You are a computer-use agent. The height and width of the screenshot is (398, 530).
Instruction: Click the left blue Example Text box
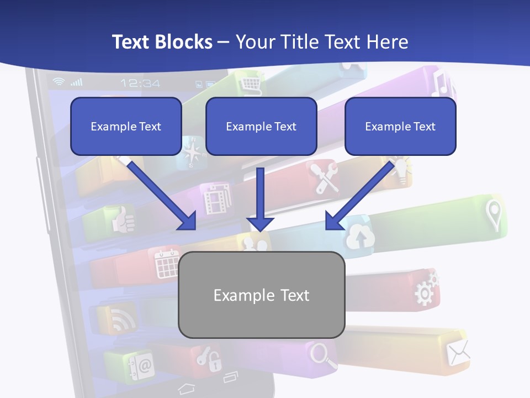[126, 126]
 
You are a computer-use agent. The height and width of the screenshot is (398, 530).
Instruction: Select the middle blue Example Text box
[261, 126]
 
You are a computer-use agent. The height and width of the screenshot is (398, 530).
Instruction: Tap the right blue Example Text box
[400, 126]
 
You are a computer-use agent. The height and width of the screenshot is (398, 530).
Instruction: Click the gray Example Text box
[261, 295]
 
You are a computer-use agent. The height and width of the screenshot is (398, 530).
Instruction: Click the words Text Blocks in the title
[162, 41]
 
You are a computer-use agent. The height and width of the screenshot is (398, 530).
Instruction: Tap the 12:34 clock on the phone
[140, 83]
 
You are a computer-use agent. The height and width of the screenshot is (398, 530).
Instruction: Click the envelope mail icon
[458, 353]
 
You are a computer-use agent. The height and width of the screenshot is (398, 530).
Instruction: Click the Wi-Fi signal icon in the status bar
[59, 82]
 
